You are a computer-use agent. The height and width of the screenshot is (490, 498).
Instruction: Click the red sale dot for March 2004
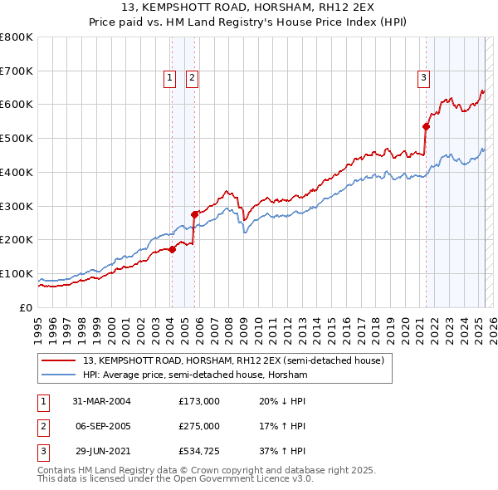[x=172, y=248]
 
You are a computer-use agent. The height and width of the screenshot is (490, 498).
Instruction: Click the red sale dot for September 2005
[x=193, y=214]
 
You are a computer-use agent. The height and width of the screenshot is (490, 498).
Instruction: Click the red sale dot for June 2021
[x=426, y=126]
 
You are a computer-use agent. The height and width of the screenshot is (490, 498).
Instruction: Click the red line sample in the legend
[x=58, y=361]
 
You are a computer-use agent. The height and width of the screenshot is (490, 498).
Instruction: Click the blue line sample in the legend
[x=58, y=375]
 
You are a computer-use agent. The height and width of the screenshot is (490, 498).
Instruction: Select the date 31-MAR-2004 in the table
[x=102, y=401]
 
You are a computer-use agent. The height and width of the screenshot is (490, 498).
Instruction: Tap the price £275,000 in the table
[x=199, y=426]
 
